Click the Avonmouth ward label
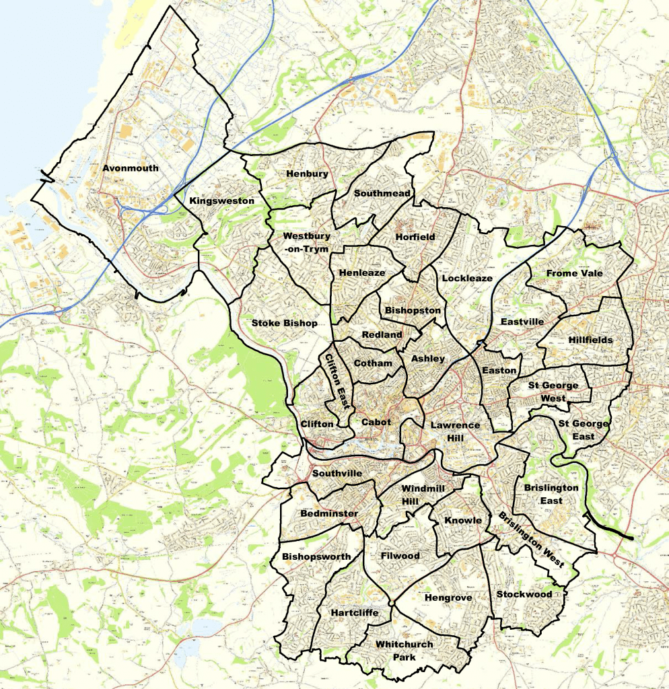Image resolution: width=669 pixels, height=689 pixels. point(131,168)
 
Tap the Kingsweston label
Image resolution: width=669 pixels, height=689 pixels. point(221,201)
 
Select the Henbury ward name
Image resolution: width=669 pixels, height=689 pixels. point(307,174)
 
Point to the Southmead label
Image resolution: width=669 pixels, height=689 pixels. point(382,193)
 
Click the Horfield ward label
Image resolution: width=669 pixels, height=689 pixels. point(415,237)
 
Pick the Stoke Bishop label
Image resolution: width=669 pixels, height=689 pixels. point(284,323)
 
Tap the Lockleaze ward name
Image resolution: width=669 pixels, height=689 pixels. point(467,278)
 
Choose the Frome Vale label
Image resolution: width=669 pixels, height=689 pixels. point(574,273)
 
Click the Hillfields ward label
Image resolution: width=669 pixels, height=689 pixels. point(590,340)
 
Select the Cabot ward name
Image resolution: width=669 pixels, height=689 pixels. point(376,423)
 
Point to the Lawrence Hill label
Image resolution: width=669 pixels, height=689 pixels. point(456,431)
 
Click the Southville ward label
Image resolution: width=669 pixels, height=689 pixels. point(336,474)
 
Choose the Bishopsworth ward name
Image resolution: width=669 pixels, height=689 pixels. point(316,556)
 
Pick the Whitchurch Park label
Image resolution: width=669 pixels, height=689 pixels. point(404,650)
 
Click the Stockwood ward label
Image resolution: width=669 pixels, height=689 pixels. point(524,594)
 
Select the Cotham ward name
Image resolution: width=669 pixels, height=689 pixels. point(372,363)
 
